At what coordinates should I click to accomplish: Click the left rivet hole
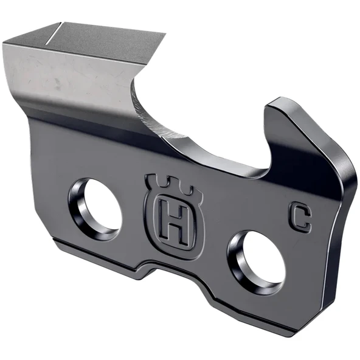97,207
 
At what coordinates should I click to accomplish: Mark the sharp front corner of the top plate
163,35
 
